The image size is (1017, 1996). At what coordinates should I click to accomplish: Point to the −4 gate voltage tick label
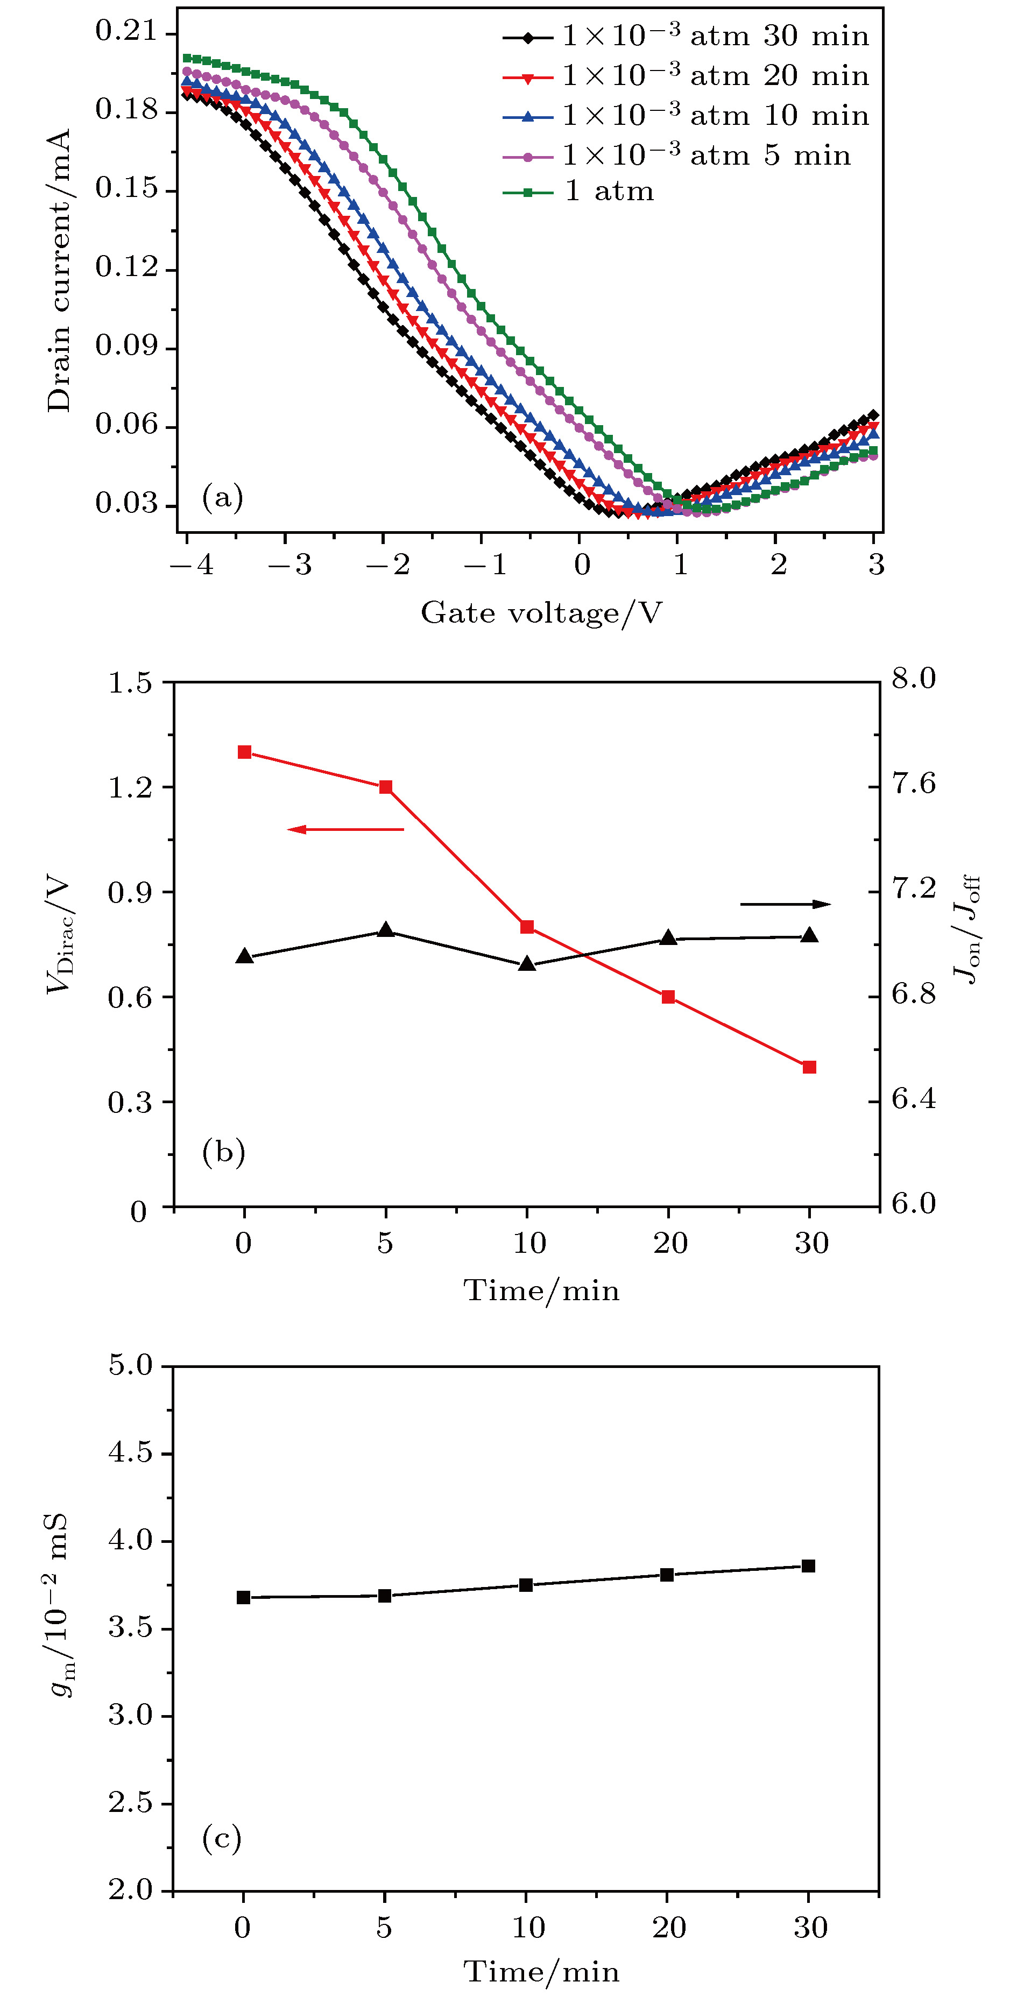tap(192, 565)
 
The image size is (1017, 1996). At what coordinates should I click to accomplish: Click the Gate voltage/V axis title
tap(541, 613)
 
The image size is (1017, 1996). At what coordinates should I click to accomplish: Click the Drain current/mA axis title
tap(59, 271)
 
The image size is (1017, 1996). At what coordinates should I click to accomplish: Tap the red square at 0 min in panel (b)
tap(244, 752)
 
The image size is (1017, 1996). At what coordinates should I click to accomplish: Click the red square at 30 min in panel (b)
tap(809, 1067)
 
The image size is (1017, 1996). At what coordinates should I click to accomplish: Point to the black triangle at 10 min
tap(527, 964)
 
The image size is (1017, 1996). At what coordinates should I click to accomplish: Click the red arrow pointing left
tap(345, 830)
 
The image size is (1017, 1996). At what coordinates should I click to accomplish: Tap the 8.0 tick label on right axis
tap(913, 679)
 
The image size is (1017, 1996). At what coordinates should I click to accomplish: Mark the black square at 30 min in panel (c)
tap(808, 1566)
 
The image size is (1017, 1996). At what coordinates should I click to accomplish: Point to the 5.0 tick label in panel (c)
tap(131, 1365)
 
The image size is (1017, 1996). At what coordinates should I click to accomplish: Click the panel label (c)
tap(222, 1837)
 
